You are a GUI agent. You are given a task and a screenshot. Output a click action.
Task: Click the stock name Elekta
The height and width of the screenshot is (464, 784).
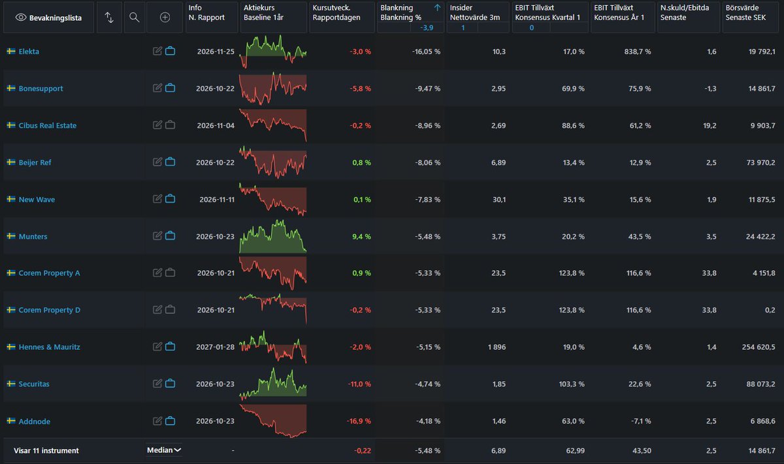point(29,52)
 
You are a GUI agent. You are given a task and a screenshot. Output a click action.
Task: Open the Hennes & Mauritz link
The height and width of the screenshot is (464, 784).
point(50,347)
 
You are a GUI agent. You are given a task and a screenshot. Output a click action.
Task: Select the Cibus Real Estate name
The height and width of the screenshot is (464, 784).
point(48,125)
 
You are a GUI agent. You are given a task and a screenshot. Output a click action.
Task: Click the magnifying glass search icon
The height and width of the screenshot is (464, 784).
point(135,17)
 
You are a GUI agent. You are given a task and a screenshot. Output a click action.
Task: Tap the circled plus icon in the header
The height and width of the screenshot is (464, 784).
point(165,17)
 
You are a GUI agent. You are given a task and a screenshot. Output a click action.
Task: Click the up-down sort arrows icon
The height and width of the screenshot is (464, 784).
point(109,17)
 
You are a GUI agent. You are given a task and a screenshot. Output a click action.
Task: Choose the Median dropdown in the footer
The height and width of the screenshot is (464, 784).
point(164,450)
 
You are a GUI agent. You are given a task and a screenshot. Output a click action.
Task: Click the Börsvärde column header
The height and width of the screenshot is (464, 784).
point(745,12)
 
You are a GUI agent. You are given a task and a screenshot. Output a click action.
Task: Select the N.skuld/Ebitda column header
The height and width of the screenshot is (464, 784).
point(685,12)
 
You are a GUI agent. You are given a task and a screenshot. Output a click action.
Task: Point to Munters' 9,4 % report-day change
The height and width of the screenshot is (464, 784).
point(361,236)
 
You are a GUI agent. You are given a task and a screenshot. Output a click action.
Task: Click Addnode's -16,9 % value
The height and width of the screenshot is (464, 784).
point(359,421)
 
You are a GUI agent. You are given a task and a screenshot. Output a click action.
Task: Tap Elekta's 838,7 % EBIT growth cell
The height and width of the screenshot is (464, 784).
point(638,52)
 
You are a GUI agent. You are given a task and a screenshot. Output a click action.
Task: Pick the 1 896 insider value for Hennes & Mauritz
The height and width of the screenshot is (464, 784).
point(497,347)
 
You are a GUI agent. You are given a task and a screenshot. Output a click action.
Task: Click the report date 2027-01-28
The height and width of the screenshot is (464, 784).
point(215,347)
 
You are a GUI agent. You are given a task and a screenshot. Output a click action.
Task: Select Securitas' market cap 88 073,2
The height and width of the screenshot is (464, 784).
point(760,384)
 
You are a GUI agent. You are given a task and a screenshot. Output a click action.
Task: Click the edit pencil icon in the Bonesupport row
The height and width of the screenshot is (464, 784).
point(157,87)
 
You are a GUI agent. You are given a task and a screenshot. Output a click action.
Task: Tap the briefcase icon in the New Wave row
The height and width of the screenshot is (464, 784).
point(170,198)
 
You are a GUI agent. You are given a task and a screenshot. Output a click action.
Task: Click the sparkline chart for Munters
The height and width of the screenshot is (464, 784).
point(272,236)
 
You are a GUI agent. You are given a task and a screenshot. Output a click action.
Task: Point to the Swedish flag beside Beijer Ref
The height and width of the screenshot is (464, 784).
point(11,162)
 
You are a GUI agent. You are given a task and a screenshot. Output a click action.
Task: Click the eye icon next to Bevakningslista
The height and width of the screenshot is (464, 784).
point(21,18)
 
